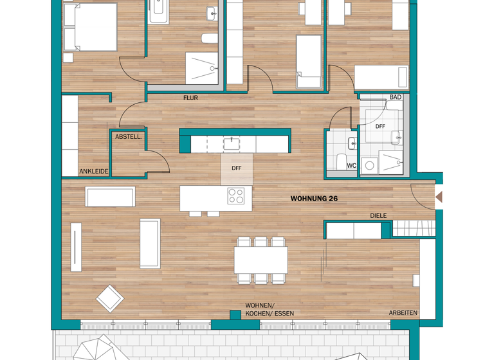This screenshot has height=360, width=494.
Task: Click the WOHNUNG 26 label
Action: click(314, 199)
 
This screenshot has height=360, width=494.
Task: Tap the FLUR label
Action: click(190, 98)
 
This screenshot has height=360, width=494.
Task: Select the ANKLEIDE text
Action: click(93, 172)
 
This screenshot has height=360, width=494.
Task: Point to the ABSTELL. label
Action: click(128, 137)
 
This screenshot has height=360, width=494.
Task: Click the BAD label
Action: click(395, 98)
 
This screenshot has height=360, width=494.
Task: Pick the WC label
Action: click(351, 166)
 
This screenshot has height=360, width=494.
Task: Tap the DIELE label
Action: click(378, 216)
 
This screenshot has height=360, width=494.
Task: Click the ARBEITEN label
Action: click(403, 313)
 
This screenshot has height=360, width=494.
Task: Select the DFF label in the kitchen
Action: click(237, 168)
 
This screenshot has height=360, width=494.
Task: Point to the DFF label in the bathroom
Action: click(380, 127)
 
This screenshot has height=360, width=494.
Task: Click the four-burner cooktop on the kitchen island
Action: click(236, 195)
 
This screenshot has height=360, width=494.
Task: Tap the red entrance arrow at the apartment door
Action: click(439, 197)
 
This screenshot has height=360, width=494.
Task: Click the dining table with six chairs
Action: click(261, 260)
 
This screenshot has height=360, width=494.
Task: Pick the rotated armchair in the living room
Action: click(109, 298)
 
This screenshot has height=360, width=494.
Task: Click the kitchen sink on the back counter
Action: click(231, 143)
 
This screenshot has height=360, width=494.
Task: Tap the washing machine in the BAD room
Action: click(369, 166)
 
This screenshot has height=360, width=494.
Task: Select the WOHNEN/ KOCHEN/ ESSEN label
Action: click(269, 309)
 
